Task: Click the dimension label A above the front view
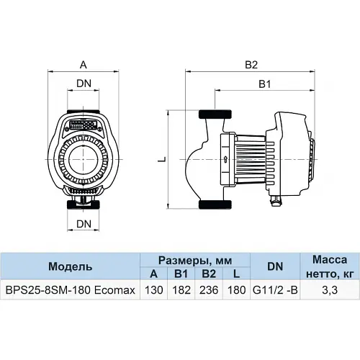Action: pos(84,65)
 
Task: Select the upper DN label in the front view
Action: pos(84,84)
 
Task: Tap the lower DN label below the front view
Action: pos(84,225)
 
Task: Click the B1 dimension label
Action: pos(265,84)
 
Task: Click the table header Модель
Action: pos(70,266)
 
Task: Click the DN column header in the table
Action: pos(274,266)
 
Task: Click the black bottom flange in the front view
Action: pos(84,204)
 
